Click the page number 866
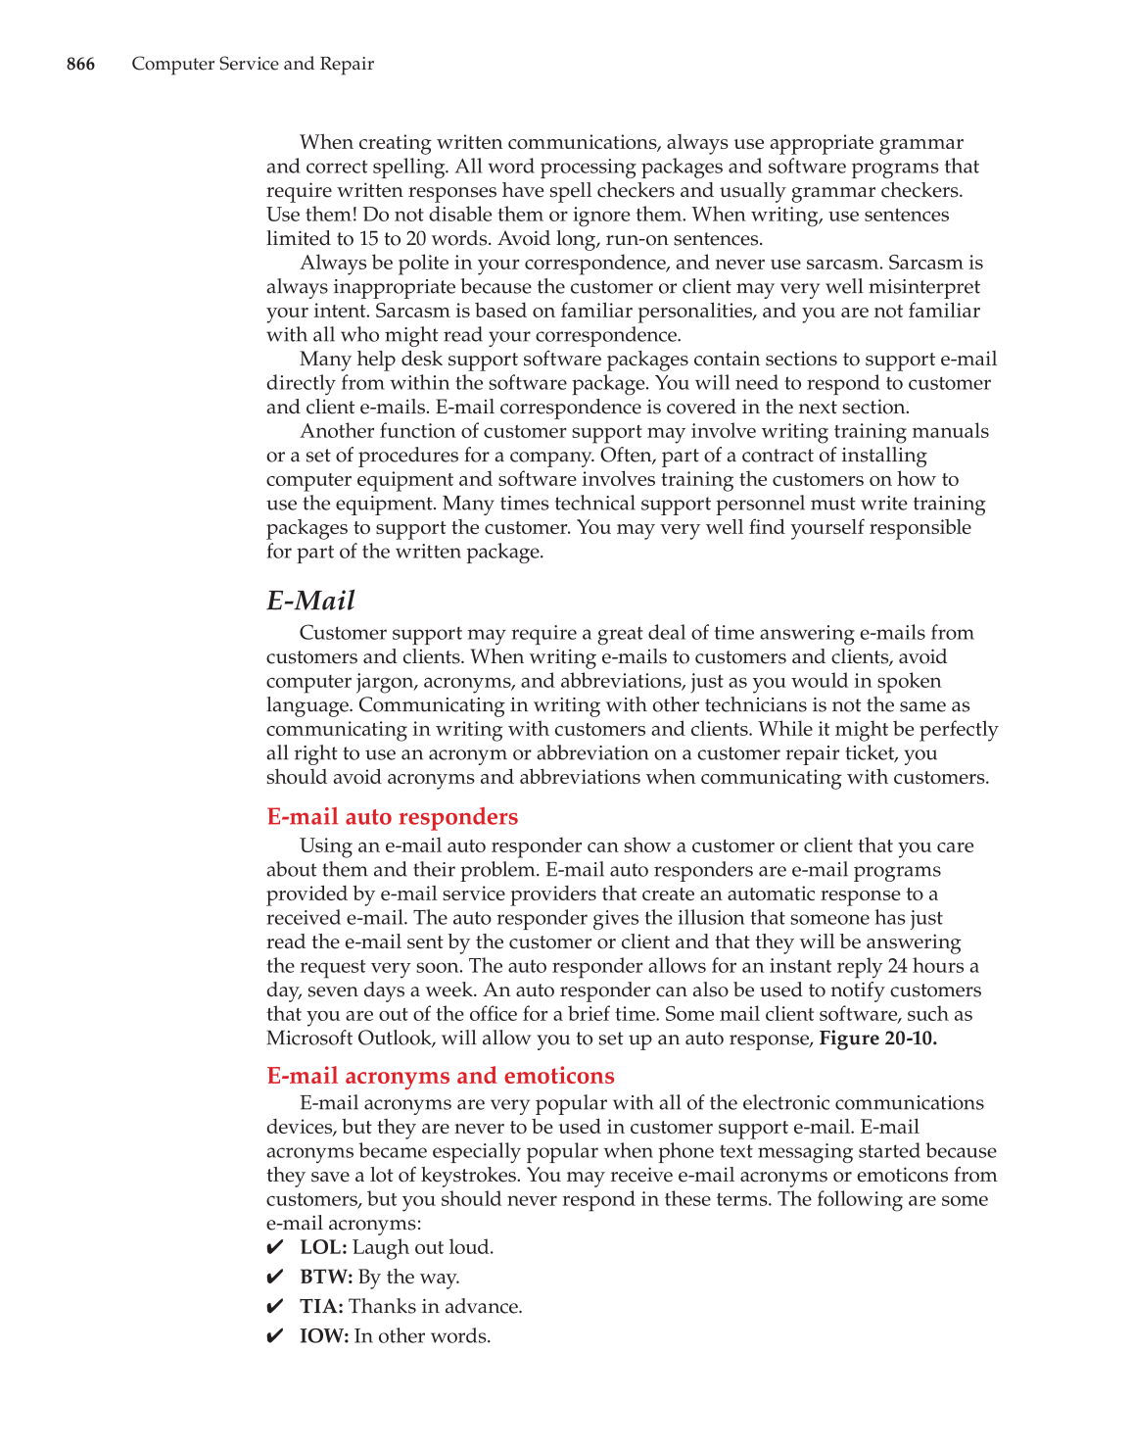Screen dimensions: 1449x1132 [80, 64]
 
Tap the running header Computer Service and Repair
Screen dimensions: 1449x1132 [253, 64]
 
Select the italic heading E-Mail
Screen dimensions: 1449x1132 [310, 600]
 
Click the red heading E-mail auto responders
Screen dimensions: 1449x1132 [392, 816]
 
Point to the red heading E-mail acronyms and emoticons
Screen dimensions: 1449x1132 [441, 1075]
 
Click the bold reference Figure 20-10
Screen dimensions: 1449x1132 [877, 1038]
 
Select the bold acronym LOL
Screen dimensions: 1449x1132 [323, 1247]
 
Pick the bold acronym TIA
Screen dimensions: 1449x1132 [321, 1306]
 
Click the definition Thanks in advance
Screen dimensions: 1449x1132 [435, 1306]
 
